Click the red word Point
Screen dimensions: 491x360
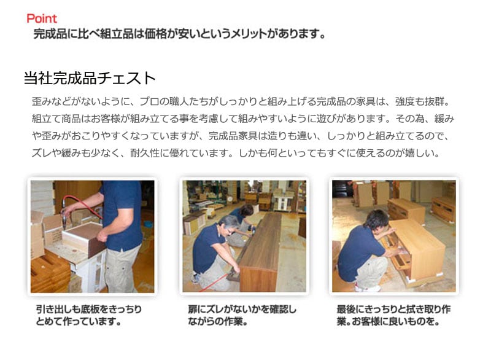[x=42, y=19]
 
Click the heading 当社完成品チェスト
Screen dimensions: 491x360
[x=90, y=79]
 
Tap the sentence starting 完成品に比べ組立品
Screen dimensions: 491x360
[x=179, y=34]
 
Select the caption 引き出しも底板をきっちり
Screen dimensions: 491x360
[x=88, y=309]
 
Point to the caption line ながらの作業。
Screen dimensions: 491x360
[x=218, y=321]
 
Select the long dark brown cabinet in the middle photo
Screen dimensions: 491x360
[x=258, y=251]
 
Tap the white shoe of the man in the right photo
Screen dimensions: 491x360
[x=365, y=287]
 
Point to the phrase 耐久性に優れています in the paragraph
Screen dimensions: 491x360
[x=181, y=153]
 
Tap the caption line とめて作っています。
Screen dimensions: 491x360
[x=79, y=321]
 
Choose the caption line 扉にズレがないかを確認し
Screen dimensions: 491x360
[x=242, y=309]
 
